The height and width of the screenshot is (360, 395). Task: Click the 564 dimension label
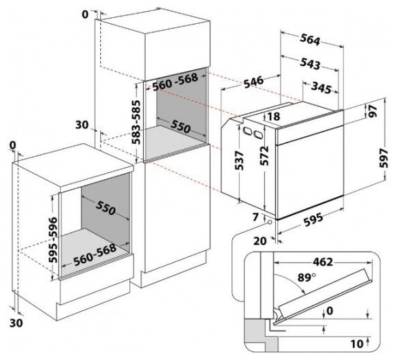pyautogui.click(x=310, y=40)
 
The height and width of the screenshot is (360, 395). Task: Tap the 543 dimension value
pyautogui.click(x=310, y=63)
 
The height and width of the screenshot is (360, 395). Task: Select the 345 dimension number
pyautogui.click(x=321, y=87)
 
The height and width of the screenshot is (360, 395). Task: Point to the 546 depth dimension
pyautogui.click(x=253, y=82)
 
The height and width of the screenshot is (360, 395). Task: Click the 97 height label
pyautogui.click(x=373, y=111)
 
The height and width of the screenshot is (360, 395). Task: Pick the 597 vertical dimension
pyautogui.click(x=384, y=158)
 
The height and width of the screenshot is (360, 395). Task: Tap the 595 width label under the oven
pyautogui.click(x=313, y=220)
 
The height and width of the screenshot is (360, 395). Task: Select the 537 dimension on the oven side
pyautogui.click(x=239, y=160)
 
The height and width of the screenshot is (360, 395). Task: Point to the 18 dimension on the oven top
pyautogui.click(x=273, y=117)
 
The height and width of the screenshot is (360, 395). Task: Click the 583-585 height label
pyautogui.click(x=137, y=122)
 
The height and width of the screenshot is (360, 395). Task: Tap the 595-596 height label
pyautogui.click(x=53, y=239)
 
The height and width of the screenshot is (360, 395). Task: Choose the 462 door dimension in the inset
pyautogui.click(x=323, y=262)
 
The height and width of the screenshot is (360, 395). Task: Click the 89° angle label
pyautogui.click(x=306, y=277)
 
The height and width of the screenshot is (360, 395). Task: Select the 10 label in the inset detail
pyautogui.click(x=357, y=344)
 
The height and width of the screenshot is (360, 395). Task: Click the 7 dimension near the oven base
pyautogui.click(x=255, y=217)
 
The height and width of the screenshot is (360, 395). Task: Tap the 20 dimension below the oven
pyautogui.click(x=259, y=241)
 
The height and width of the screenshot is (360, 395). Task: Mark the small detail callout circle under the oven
pyautogui.click(x=270, y=222)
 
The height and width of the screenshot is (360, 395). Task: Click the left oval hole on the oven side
pyautogui.click(x=247, y=131)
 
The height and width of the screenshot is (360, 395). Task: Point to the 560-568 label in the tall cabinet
pyautogui.click(x=175, y=82)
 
